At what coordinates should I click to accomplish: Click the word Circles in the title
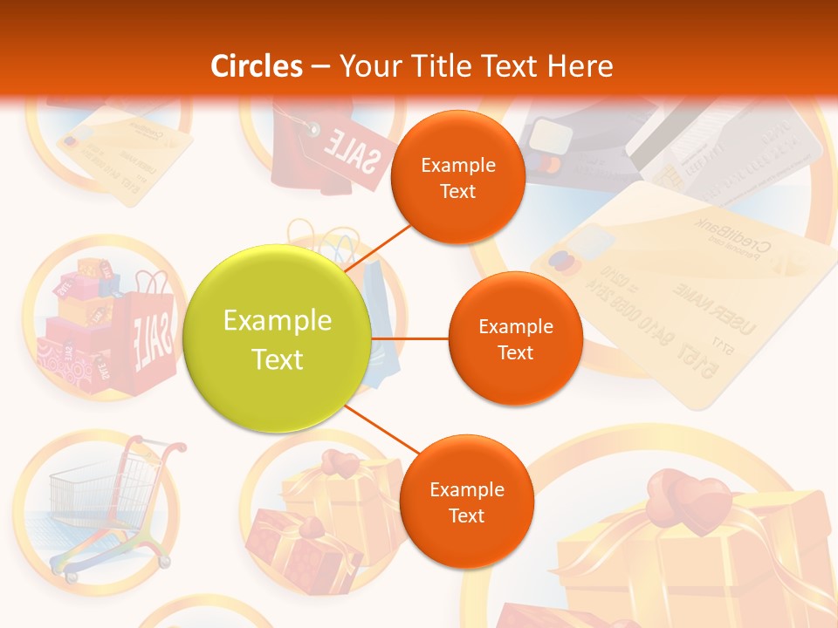[x=257, y=66]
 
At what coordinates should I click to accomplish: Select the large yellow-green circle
[x=278, y=340]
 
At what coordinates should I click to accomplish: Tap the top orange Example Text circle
[x=457, y=177]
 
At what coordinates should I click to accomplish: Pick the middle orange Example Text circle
[x=515, y=338]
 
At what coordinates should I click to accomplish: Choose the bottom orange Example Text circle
[x=466, y=502]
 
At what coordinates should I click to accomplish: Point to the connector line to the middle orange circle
[x=410, y=338]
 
